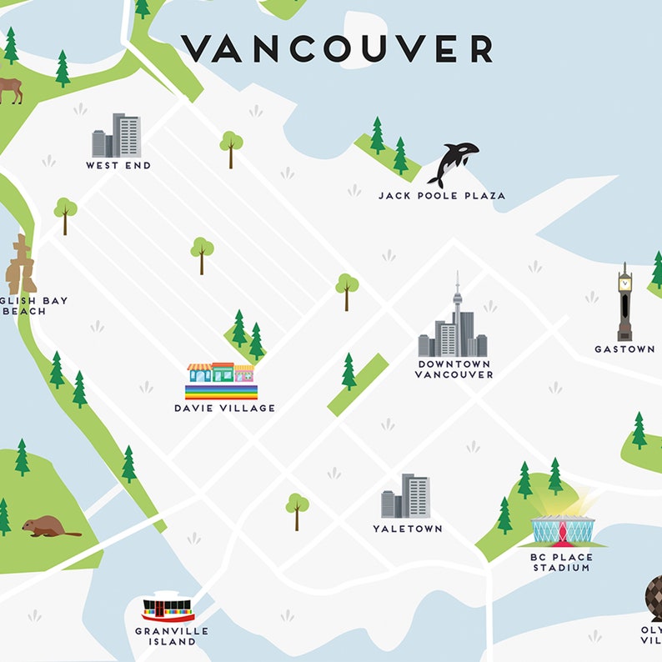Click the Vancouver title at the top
click(x=338, y=48)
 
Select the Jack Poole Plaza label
click(x=441, y=196)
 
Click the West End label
click(x=118, y=166)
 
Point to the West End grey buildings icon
click(x=117, y=136)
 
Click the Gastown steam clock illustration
click(x=624, y=303)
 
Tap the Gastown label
click(x=624, y=349)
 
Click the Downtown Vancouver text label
click(x=454, y=369)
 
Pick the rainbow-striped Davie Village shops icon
click(x=221, y=382)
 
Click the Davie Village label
click(x=224, y=409)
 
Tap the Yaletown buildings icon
click(x=405, y=497)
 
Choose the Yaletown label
click(x=408, y=529)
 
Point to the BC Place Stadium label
click(x=561, y=562)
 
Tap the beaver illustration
click(x=48, y=527)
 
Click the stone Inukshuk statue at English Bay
click(x=21, y=264)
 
